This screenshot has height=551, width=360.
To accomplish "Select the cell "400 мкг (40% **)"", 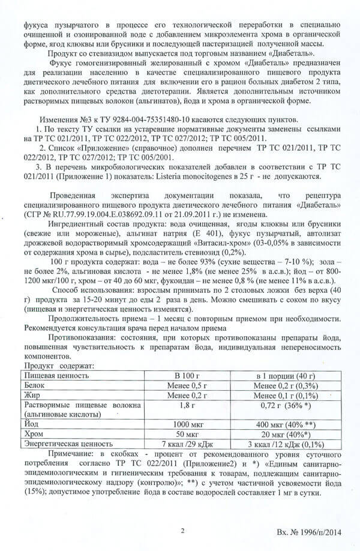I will (x=286, y=423).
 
